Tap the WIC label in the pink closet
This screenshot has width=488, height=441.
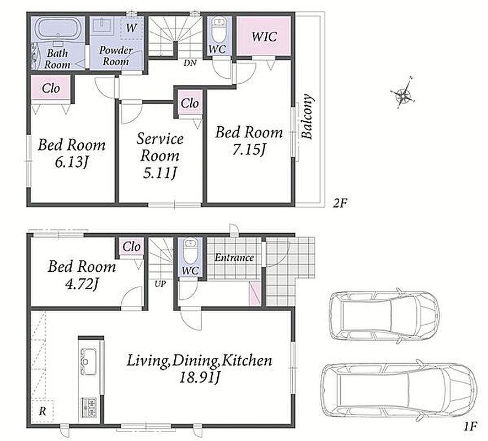(264, 37)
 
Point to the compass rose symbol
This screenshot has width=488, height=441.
(403, 93)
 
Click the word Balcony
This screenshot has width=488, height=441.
(307, 116)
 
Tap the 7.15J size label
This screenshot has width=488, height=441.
(249, 150)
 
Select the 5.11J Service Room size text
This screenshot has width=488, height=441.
(160, 173)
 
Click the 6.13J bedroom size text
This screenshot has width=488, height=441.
(72, 162)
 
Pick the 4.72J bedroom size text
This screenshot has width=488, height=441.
(82, 284)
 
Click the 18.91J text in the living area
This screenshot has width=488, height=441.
(200, 378)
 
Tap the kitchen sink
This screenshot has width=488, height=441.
(88, 362)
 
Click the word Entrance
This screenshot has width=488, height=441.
(234, 257)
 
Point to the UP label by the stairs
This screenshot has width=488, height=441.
(160, 284)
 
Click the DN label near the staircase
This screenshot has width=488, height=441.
(190, 63)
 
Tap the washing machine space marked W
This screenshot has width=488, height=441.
(131, 28)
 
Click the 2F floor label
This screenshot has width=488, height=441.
(340, 203)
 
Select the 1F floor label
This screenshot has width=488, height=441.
(470, 426)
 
